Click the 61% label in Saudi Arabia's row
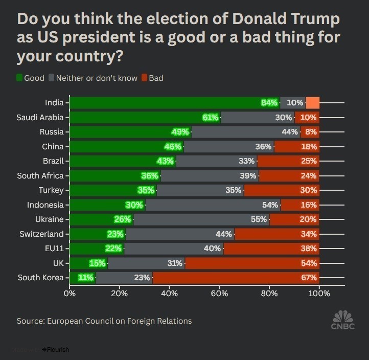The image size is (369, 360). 211,118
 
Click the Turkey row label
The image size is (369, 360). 51,190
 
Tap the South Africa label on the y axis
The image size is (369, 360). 40,176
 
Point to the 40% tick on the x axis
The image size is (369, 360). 169,294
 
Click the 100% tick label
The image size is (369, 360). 319,294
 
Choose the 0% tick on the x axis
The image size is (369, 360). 70,294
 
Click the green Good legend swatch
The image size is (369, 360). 20,78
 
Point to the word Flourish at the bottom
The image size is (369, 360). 58,350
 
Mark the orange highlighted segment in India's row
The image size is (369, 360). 313,103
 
